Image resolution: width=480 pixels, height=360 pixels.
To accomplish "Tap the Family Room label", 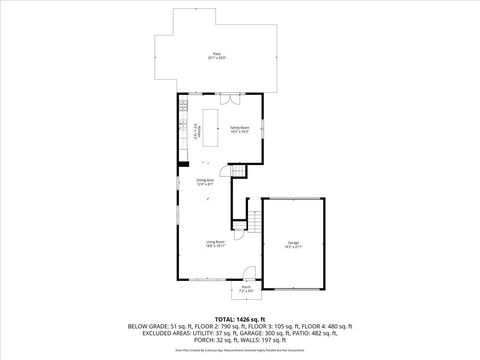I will tap(239, 129).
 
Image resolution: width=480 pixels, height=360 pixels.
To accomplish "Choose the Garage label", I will tap(293, 243).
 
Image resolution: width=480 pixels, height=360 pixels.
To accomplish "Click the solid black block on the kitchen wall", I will tap(182, 163).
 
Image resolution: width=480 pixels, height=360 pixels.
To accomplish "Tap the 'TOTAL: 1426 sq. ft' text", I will tap(240, 318).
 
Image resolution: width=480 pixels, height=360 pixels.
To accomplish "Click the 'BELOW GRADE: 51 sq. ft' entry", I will tap(157, 326).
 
